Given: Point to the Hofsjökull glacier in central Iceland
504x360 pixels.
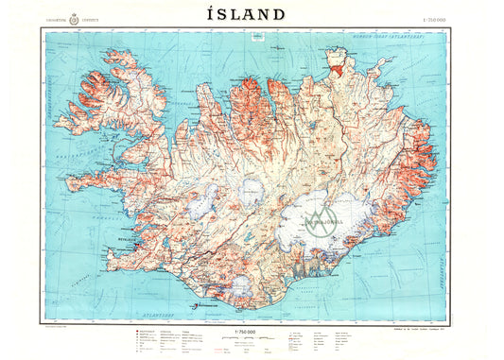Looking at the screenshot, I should click(250, 193).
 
